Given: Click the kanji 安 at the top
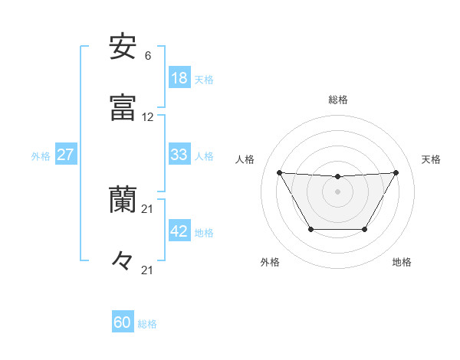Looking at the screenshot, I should [123, 47].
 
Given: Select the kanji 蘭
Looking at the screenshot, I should [123, 201].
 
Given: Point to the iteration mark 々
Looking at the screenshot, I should [123, 260].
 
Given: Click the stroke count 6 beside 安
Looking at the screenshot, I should [147, 56].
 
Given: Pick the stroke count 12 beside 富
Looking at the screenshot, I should [148, 117].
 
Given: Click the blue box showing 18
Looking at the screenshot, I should [179, 78].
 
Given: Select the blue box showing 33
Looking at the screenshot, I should [179, 155].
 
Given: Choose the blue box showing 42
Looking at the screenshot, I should [179, 232].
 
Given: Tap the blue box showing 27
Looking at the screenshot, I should [65, 155].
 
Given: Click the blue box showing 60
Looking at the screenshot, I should [122, 322].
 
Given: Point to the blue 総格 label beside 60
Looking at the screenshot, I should [147, 324].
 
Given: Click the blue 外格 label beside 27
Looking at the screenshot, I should [41, 156].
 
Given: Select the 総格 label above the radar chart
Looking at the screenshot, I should [338, 100].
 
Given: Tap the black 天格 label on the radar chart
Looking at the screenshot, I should [432, 159].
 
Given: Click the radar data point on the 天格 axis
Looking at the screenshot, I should [396, 172].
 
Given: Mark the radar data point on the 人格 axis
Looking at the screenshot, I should [279, 172].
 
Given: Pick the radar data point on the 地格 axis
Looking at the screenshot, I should [365, 229].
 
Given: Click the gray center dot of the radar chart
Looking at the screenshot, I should [337, 191].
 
